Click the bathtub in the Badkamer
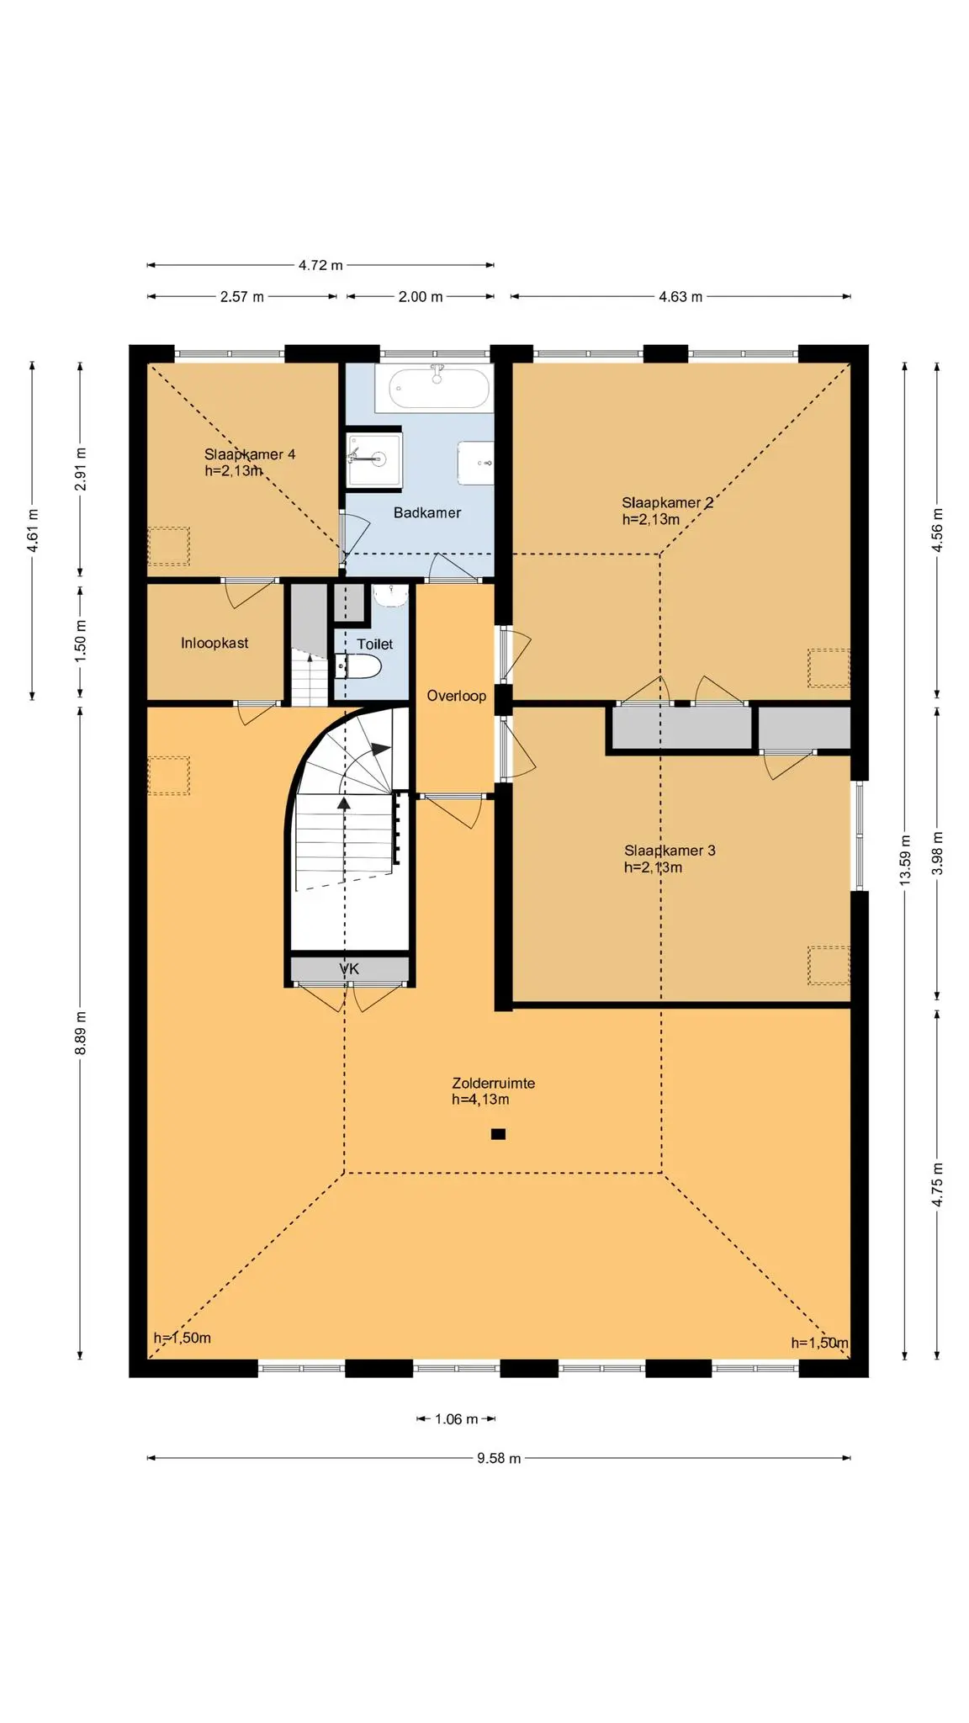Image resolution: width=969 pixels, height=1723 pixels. tap(438, 388)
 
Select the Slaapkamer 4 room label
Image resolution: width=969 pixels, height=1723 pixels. tap(250, 454)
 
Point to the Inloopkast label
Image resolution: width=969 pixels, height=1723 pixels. tap(214, 643)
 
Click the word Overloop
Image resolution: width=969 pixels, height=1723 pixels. tap(456, 696)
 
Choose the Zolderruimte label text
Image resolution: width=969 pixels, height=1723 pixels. tap(493, 1084)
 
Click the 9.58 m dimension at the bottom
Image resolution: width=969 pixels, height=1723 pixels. tap(499, 1458)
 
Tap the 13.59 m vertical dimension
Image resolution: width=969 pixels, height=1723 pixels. tap(905, 859)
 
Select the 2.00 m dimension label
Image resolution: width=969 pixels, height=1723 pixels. tap(421, 296)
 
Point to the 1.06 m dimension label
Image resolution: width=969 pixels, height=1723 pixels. tap(456, 1419)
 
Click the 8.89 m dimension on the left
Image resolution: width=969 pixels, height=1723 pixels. tap(81, 1033)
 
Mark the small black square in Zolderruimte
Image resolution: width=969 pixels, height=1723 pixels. tap(498, 1134)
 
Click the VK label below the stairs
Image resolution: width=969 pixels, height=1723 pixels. tap(349, 969)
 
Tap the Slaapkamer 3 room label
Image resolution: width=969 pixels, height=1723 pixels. tap(670, 851)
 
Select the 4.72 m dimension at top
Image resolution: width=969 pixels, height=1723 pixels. tap(320, 265)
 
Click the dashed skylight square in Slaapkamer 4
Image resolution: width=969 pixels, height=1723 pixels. tap(169, 547)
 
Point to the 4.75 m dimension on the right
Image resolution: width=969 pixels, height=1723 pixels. tap(937, 1185)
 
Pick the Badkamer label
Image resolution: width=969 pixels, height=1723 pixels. tap(427, 512)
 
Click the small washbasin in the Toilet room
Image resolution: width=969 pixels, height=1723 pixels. tap(389, 596)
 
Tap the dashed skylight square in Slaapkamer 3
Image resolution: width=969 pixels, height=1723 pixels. tap(829, 965)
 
